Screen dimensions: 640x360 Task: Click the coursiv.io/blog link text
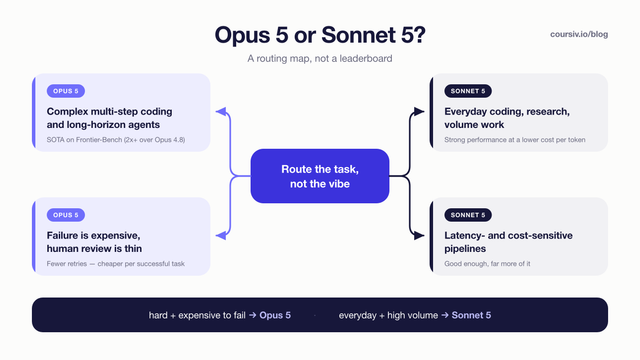click(579, 34)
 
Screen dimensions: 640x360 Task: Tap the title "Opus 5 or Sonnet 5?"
click(320, 35)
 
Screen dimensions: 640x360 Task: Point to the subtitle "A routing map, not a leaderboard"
click(320, 58)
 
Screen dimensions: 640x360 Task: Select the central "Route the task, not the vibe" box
click(320, 176)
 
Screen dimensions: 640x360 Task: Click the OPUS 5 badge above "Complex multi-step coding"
click(66, 91)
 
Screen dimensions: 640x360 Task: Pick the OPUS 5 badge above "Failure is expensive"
click(66, 215)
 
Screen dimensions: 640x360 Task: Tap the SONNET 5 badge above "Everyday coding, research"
click(468, 91)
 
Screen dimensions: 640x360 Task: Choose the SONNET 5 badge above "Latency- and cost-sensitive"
click(468, 215)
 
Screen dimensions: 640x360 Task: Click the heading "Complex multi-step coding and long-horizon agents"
click(109, 118)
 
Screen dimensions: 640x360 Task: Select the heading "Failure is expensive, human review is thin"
click(94, 242)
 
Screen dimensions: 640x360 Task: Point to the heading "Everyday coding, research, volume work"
click(507, 118)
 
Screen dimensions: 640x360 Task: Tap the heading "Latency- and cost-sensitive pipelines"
click(508, 242)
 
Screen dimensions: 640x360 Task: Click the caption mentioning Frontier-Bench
click(116, 140)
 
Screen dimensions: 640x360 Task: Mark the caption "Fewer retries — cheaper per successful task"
click(116, 264)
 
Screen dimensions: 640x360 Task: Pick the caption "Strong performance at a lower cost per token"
click(515, 140)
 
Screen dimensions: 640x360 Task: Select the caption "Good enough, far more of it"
click(487, 264)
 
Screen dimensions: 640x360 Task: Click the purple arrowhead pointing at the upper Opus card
click(221, 111)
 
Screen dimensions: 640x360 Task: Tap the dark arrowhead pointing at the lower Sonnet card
click(419, 236)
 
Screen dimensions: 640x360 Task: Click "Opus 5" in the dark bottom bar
click(275, 315)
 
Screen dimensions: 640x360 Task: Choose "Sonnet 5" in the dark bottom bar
click(471, 315)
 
